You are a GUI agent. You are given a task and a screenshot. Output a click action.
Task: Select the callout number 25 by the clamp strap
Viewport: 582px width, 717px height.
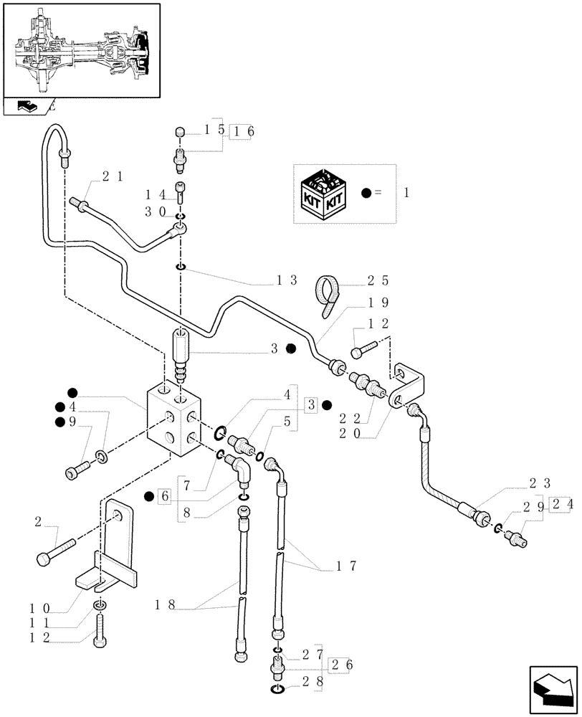378,281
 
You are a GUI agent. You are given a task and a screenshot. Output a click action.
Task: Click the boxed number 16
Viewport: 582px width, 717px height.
242,130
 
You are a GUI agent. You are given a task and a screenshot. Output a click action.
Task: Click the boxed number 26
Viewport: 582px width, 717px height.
340,665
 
